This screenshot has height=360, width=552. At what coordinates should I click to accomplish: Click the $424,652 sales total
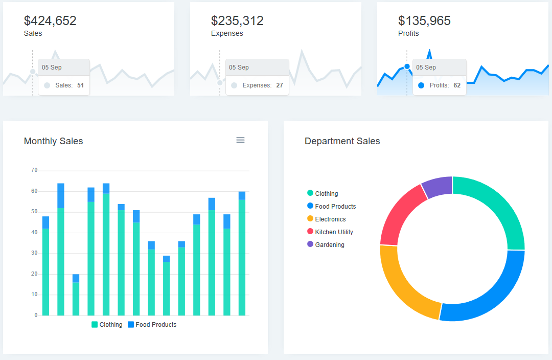(50, 21)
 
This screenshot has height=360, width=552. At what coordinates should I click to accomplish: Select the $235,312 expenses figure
(237, 21)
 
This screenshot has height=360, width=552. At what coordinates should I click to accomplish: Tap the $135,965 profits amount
(424, 21)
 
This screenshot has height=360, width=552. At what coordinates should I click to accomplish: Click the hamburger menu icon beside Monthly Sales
(240, 140)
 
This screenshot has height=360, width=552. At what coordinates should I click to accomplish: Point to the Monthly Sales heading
(53, 141)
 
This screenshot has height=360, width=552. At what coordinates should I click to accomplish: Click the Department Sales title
(342, 141)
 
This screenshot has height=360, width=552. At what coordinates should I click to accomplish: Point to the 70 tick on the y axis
(34, 170)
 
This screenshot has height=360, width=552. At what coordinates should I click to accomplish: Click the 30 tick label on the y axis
(34, 253)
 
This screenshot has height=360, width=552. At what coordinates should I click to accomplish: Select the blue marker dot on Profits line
(407, 66)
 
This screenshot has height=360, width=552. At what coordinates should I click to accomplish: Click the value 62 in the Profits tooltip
(457, 85)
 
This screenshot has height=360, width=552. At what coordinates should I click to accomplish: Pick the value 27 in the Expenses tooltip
(280, 85)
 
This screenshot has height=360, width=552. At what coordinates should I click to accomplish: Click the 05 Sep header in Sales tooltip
(52, 67)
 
